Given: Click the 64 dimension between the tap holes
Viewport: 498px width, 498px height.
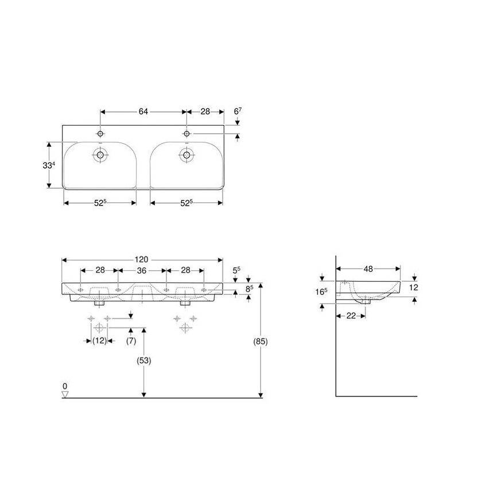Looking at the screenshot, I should (143, 112).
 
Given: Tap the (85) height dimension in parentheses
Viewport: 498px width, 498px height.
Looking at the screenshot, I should (260, 341).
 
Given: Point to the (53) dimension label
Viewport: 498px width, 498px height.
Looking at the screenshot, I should (143, 361).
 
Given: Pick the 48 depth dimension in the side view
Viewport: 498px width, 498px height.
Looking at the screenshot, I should (368, 268).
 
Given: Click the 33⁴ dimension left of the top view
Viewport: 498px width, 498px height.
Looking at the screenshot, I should (50, 165).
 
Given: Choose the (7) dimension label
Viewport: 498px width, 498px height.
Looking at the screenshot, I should (131, 341).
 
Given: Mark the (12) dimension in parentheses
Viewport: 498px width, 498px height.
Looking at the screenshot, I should (99, 341).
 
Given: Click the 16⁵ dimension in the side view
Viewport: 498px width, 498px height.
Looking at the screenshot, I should (322, 291).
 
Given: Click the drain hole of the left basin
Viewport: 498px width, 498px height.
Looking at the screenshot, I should (100, 154).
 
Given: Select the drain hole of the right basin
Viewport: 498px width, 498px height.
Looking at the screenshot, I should (186, 154).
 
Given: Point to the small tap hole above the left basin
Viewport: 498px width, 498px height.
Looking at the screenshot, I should (100, 134).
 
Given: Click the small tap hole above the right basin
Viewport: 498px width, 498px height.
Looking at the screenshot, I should (186, 134).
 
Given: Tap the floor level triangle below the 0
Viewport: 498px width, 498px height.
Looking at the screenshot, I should (65, 394).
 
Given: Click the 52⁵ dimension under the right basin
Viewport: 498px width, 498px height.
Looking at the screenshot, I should (186, 203).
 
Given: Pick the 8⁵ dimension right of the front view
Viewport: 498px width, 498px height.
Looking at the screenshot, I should (249, 289).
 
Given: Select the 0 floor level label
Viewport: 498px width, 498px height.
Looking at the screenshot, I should (65, 386).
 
